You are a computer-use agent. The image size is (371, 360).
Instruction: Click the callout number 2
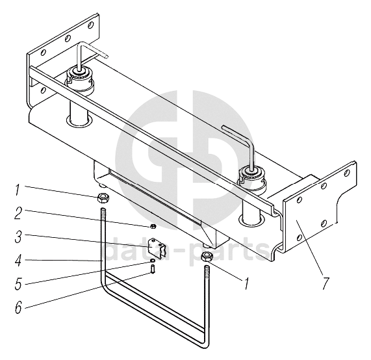(x=18, y=213)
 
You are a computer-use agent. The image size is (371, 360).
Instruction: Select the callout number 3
(x=18, y=237)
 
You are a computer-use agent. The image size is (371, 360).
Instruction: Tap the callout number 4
(x=18, y=261)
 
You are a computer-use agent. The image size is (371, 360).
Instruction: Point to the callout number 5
(x=18, y=283)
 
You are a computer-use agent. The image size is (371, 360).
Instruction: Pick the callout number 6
(x=18, y=307)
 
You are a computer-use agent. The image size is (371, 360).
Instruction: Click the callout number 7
(x=326, y=283)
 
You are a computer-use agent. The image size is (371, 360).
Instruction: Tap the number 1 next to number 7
(x=247, y=283)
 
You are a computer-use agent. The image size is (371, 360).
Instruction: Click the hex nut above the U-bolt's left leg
(x=103, y=198)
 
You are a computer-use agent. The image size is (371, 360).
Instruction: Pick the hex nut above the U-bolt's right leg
(x=207, y=257)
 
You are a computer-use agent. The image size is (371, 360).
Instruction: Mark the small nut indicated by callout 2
(x=153, y=226)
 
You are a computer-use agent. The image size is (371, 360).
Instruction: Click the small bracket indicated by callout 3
(x=157, y=247)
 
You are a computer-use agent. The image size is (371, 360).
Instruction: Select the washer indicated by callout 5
(x=153, y=261)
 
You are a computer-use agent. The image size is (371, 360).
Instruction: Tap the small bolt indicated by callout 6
(x=153, y=269)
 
